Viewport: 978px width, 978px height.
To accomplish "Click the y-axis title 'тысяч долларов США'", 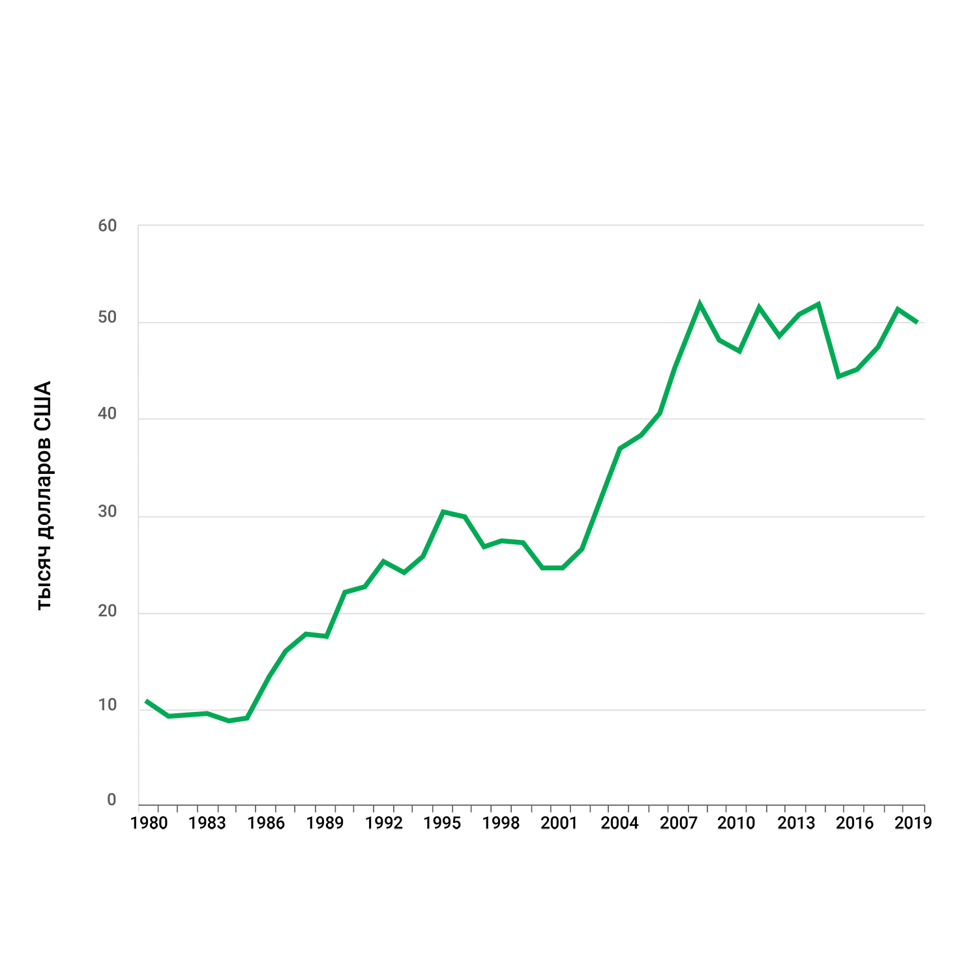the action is pyautogui.click(x=43, y=496).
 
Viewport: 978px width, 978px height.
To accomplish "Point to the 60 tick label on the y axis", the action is pyautogui.click(x=107, y=226).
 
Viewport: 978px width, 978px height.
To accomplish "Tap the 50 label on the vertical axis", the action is pyautogui.click(x=107, y=318).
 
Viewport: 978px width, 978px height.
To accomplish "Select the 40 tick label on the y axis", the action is pyautogui.click(x=107, y=414).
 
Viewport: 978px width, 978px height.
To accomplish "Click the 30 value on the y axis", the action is pyautogui.click(x=107, y=512).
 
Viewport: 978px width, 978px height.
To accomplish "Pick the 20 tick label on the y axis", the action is pyautogui.click(x=107, y=612).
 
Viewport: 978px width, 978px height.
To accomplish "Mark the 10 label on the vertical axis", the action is pyautogui.click(x=107, y=705).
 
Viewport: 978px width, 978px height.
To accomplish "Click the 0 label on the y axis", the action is pyautogui.click(x=111, y=800).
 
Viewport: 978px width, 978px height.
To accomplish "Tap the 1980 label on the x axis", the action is pyautogui.click(x=149, y=823).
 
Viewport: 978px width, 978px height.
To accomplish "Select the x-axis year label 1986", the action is pyautogui.click(x=266, y=823).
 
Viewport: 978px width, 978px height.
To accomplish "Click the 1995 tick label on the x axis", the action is pyautogui.click(x=442, y=823).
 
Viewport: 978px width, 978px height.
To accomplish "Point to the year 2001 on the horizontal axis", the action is pyautogui.click(x=559, y=823).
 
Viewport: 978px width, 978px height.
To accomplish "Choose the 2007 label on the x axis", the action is pyautogui.click(x=679, y=823).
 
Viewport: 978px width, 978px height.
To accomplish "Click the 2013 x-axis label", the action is pyautogui.click(x=796, y=823).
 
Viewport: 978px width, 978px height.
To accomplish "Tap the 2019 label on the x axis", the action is pyautogui.click(x=913, y=823).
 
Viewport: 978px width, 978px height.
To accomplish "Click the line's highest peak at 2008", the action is pyautogui.click(x=700, y=304).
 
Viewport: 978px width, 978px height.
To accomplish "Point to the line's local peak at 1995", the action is pyautogui.click(x=443, y=512).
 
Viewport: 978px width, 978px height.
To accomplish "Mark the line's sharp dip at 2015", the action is pyautogui.click(x=838, y=376).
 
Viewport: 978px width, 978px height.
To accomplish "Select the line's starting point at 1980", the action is pyautogui.click(x=146, y=701).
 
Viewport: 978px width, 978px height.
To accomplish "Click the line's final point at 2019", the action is pyautogui.click(x=917, y=322).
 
